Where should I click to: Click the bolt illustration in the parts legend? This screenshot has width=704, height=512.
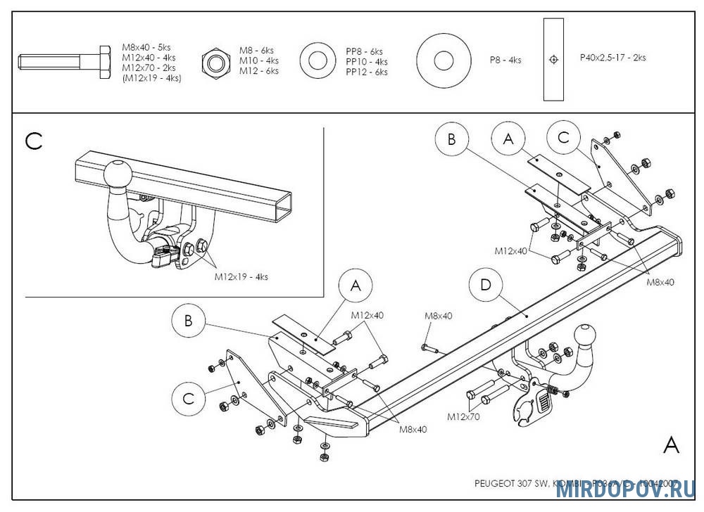tap(65, 63)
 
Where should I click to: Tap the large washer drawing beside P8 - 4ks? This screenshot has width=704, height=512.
tap(443, 60)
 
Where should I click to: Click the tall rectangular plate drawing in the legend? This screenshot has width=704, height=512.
tap(554, 60)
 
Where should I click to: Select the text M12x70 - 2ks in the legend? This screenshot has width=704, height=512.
tap(149, 68)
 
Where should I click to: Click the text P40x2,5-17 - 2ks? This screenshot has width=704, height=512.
tap(612, 58)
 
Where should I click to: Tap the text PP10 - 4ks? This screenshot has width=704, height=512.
tap(366, 62)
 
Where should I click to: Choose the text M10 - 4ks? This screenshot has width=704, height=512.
tap(258, 60)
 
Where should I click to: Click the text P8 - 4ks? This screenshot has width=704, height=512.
tap(505, 60)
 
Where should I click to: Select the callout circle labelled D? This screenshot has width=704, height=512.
tap(485, 286)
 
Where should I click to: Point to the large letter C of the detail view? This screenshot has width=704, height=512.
tap(34, 141)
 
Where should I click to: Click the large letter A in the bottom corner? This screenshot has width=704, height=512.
tap(672, 445)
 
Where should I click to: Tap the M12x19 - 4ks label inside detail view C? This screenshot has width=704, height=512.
tap(241, 277)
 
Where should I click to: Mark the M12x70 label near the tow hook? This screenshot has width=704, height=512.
tap(463, 417)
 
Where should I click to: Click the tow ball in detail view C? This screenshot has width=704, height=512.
tap(115, 175)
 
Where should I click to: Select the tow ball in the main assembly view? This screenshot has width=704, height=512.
tap(586, 337)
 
